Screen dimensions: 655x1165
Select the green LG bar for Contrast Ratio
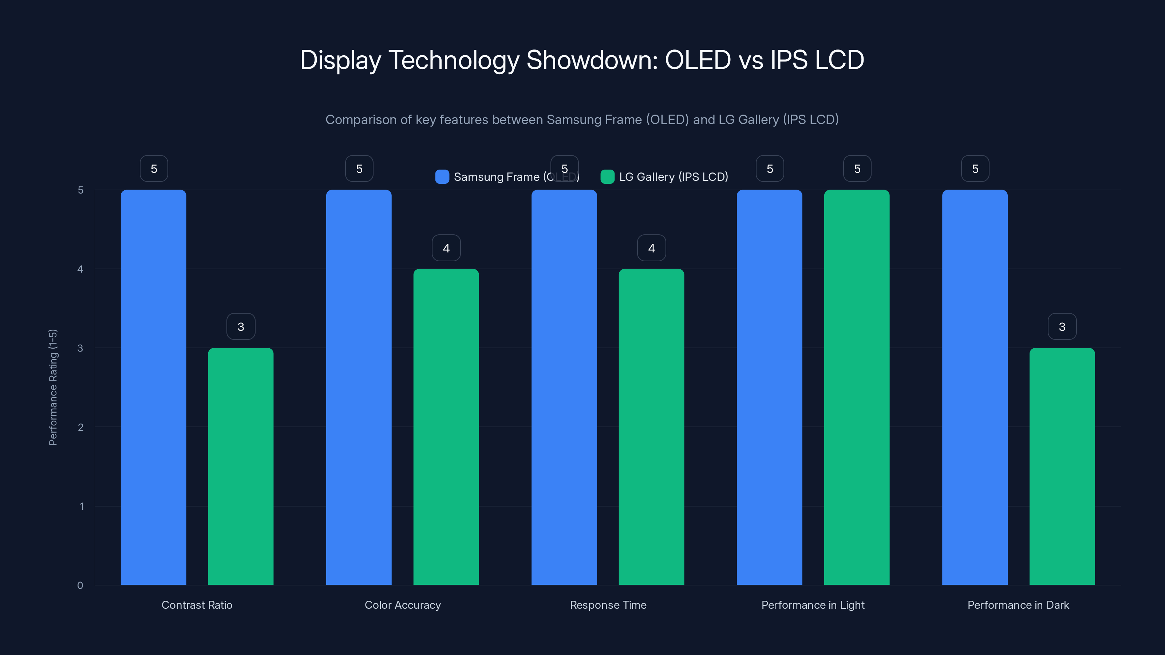(241, 466)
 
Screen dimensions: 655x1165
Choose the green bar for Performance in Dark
(1062, 466)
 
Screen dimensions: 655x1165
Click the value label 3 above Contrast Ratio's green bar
(241, 326)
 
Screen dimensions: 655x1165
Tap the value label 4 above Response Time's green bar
(651, 248)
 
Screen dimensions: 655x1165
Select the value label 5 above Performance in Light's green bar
(857, 168)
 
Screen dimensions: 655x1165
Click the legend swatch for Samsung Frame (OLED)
(442, 177)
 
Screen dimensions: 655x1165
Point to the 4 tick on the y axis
(80, 269)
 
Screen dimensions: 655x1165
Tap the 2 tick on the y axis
(80, 427)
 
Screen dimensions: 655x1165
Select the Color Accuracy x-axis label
(403, 605)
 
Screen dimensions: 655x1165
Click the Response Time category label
(608, 605)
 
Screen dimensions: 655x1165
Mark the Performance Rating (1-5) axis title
(53, 387)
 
